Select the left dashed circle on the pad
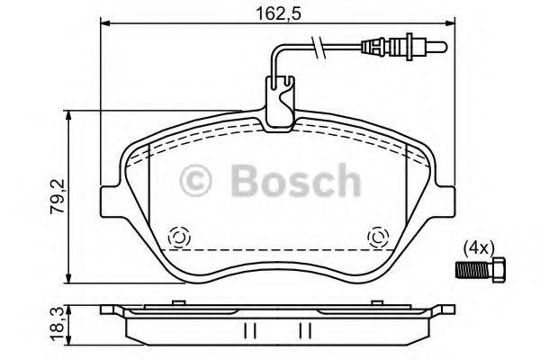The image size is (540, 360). click(177, 238)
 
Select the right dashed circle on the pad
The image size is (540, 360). click(377, 238)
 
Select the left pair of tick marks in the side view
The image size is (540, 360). click(251, 330)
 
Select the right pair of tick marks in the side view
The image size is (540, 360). click(305, 330)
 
